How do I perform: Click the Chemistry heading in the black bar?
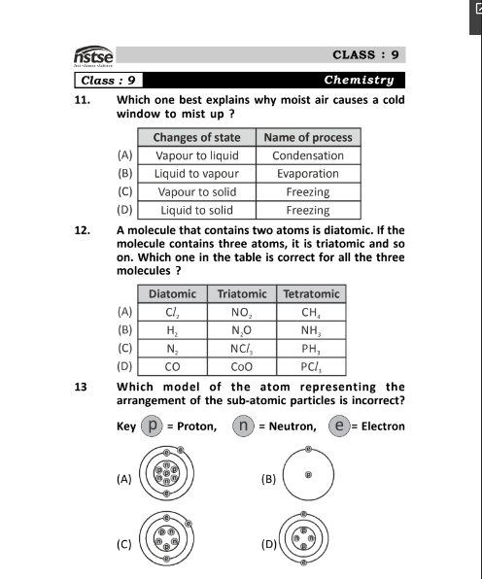coord(359,80)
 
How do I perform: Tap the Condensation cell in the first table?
coord(307,155)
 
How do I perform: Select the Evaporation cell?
coord(307,173)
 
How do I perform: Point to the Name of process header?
coord(307,137)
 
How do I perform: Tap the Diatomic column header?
coord(173,293)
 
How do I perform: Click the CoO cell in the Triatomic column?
coord(242,367)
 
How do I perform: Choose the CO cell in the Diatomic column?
coord(173,367)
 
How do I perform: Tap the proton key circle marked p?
coord(151,425)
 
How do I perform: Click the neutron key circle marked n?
coord(243,425)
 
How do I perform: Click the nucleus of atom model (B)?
coord(307,475)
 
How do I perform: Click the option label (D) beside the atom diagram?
coord(269,544)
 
